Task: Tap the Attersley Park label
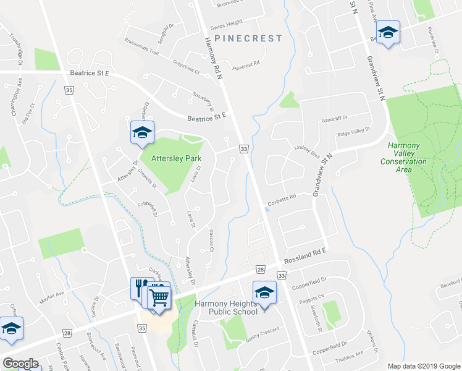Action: coord(160,158)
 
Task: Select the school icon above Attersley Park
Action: coord(141,132)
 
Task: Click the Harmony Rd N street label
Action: coord(216,53)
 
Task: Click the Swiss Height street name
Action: coord(225,23)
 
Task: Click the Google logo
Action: coord(20,364)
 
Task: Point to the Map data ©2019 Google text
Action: coord(424,365)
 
